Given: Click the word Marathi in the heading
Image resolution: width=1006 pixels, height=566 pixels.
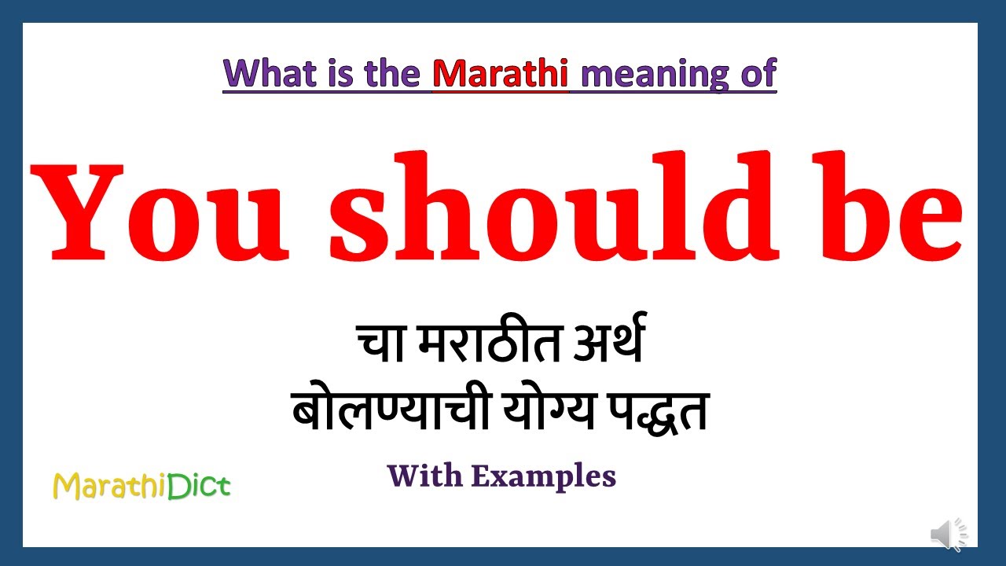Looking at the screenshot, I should point(501,73).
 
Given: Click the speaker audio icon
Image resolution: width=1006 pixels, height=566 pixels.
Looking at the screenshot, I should point(949,534).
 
